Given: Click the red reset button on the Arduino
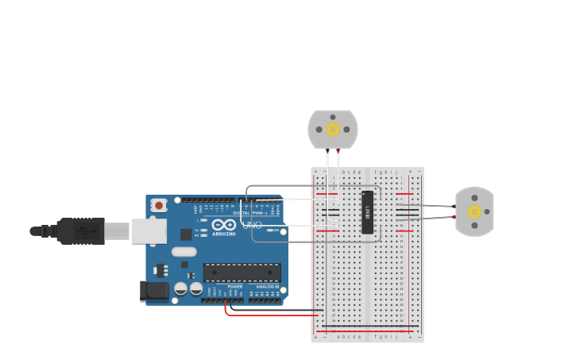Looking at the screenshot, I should tap(158, 205).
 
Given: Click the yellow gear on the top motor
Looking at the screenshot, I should tap(333, 129).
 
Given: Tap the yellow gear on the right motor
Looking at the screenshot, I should tap(474, 211).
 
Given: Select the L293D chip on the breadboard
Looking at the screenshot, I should tap(368, 212).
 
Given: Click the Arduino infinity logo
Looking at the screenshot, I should tap(223, 225).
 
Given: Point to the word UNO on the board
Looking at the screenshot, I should tap(251, 225).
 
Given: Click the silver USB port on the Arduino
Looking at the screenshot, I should tap(148, 231).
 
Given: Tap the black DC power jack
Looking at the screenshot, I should tap(154, 292).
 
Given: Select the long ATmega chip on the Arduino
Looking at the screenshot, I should tap(242, 273).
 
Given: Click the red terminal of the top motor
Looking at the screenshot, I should tap(338, 150).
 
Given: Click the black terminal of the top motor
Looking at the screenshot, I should tap(327, 150).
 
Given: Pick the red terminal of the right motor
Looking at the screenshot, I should tap(454, 216).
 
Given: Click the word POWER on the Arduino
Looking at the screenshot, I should tap(234, 287).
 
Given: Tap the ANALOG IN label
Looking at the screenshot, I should tap(267, 287).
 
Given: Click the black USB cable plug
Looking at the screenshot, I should tap(79, 231).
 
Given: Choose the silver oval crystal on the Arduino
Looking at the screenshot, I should tap(184, 252).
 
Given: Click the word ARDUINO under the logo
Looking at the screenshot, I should tap(223, 234).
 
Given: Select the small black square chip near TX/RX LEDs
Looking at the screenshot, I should tap(186, 234).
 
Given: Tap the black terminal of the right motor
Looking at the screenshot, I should tap(454, 206).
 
